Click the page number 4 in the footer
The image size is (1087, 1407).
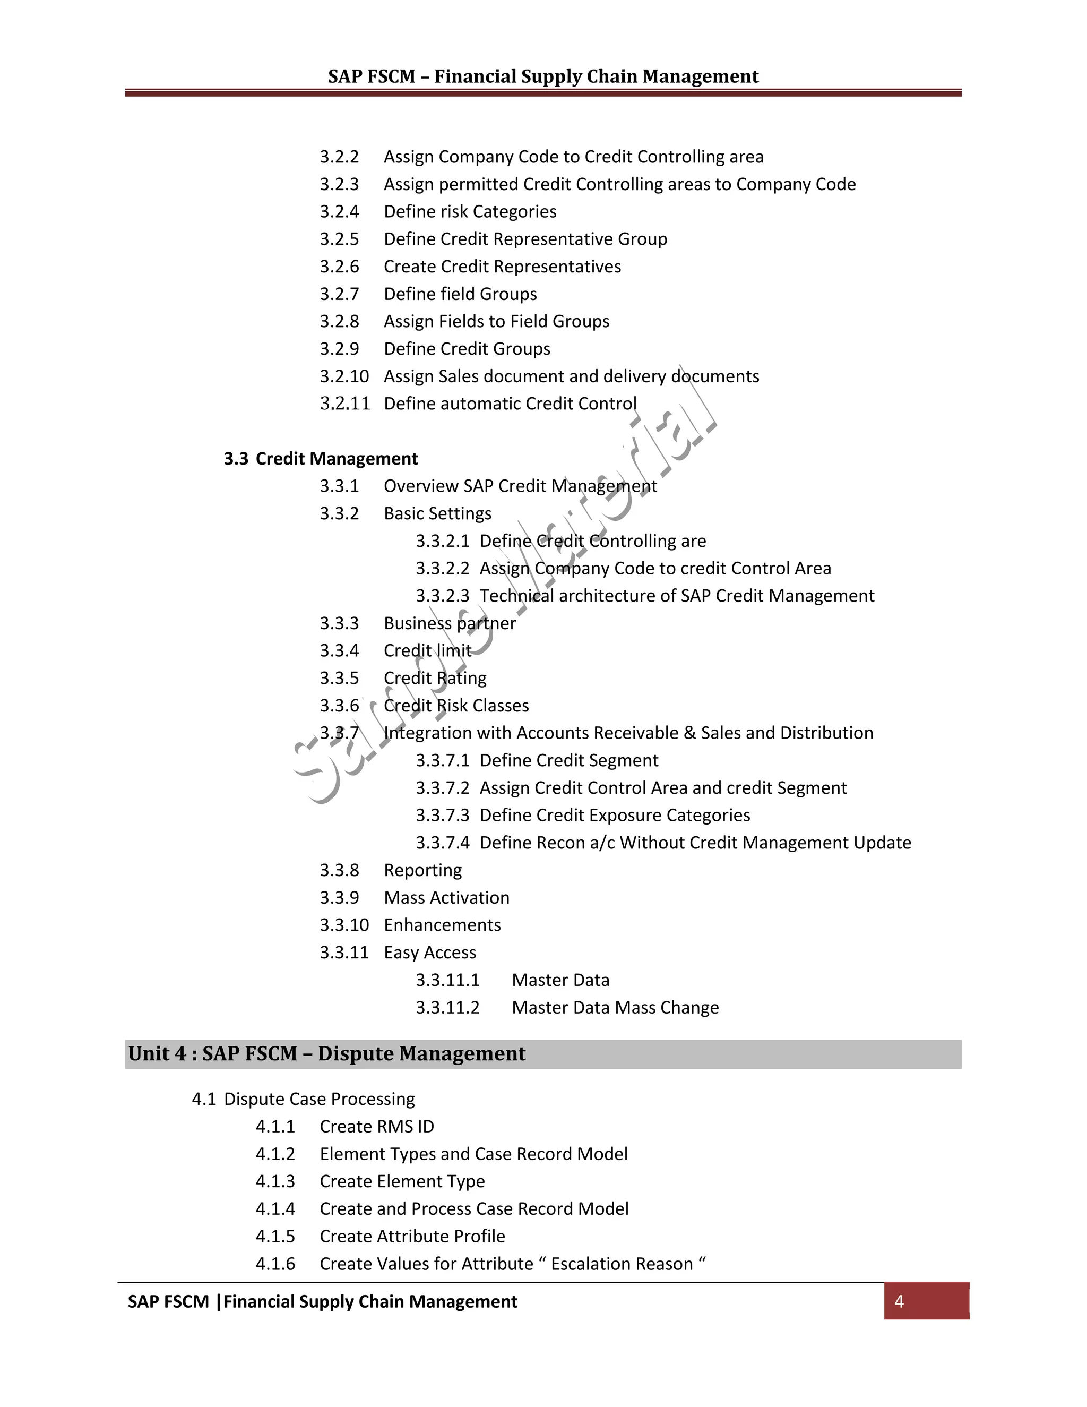point(899,1301)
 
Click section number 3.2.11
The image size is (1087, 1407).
point(344,404)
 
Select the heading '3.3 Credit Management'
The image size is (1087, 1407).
point(321,459)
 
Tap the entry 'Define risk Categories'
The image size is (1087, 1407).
point(470,212)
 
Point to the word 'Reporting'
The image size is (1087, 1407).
point(422,870)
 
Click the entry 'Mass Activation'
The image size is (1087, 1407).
point(446,898)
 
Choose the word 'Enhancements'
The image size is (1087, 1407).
point(442,925)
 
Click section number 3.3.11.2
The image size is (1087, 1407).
point(447,1008)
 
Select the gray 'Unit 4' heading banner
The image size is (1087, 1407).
point(542,1054)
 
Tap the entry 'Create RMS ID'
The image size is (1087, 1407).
point(377,1127)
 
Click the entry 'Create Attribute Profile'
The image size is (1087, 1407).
point(412,1236)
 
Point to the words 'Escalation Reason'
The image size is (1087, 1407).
point(622,1264)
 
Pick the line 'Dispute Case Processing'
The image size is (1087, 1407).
point(320,1099)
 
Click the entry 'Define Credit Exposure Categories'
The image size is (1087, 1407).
point(615,816)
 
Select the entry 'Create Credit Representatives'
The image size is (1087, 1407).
point(502,267)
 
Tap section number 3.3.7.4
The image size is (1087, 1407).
point(443,843)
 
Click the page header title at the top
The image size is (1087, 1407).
point(543,76)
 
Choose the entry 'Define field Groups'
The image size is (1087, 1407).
point(460,295)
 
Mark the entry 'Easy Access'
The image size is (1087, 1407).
point(429,953)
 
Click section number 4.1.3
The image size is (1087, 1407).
point(275,1181)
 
